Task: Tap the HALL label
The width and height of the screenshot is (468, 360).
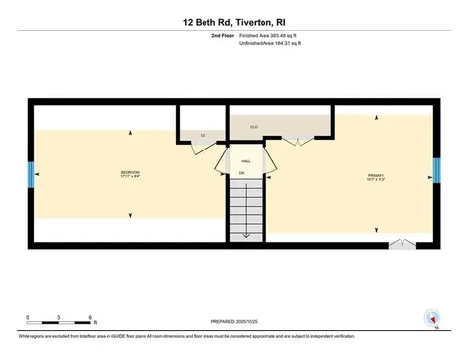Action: (x=246, y=160)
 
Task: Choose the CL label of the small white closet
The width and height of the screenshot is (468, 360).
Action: (x=202, y=135)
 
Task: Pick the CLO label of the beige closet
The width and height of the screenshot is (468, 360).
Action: (x=253, y=126)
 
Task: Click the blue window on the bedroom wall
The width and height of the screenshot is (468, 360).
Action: (x=29, y=174)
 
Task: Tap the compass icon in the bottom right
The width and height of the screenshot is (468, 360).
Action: (x=429, y=318)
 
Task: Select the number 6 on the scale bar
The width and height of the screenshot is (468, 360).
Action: (x=90, y=317)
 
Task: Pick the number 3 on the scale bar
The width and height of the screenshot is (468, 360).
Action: (x=59, y=317)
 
